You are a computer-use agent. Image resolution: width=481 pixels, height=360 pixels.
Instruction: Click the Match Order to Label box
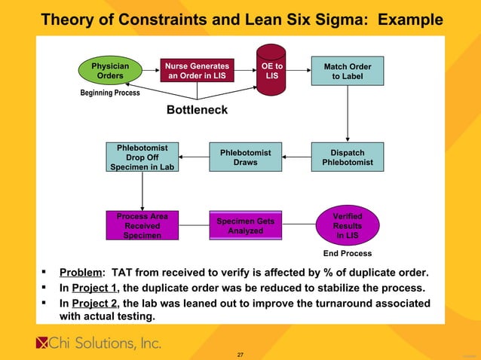coord(347,72)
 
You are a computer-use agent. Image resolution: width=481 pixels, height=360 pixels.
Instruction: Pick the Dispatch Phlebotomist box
coord(347,157)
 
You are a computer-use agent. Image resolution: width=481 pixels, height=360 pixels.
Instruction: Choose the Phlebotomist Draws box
coord(245,157)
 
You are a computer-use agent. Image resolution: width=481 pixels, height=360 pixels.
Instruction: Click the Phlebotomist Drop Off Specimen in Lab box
coord(142,157)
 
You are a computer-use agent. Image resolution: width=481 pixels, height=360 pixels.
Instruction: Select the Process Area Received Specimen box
coord(142,225)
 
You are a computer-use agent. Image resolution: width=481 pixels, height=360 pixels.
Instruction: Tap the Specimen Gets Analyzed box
coord(245,225)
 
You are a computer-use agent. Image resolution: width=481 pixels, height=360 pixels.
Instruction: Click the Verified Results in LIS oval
coord(347,225)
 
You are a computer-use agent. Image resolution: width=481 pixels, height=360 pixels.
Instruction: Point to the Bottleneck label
coord(196,111)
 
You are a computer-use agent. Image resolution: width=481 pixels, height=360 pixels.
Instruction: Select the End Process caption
coord(347,253)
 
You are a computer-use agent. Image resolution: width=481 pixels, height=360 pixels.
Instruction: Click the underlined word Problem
coord(81,272)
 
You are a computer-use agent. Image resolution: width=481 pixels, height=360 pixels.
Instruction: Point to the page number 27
coord(240,354)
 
